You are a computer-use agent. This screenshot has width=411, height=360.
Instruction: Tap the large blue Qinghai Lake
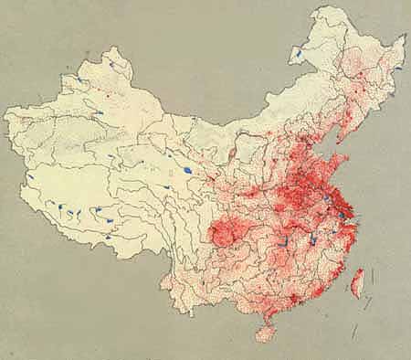186,169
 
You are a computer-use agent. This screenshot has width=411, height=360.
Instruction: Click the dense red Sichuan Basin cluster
223,237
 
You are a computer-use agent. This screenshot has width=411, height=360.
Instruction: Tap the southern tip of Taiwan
357,300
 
